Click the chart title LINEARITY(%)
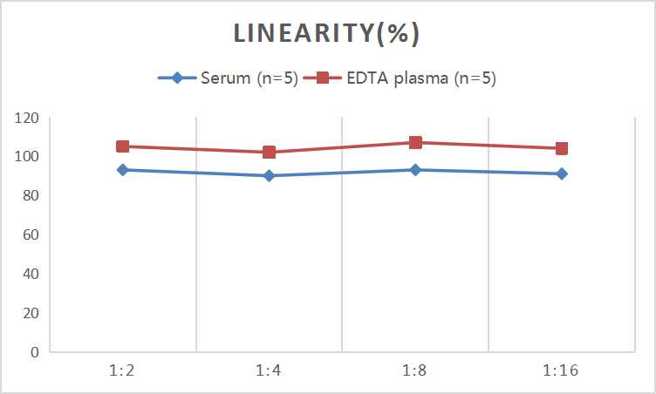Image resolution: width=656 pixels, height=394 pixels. (327, 33)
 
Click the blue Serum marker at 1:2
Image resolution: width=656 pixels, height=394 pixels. (123, 170)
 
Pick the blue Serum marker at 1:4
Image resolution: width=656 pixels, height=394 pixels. (270, 176)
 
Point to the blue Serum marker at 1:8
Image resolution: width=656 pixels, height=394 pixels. (415, 170)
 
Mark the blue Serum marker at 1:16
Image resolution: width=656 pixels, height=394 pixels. (562, 173)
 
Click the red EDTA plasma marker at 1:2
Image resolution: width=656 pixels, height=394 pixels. (123, 146)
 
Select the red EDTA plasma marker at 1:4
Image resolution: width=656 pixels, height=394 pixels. (270, 153)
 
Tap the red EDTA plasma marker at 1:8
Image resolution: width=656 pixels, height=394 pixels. (415, 143)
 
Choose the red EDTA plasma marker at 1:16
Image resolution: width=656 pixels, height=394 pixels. (562, 148)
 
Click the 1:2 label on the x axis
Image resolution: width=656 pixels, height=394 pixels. (123, 370)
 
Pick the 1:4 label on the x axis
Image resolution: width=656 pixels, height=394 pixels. (270, 370)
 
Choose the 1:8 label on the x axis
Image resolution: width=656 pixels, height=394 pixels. (415, 370)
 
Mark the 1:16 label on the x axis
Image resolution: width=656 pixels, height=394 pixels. (562, 370)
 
